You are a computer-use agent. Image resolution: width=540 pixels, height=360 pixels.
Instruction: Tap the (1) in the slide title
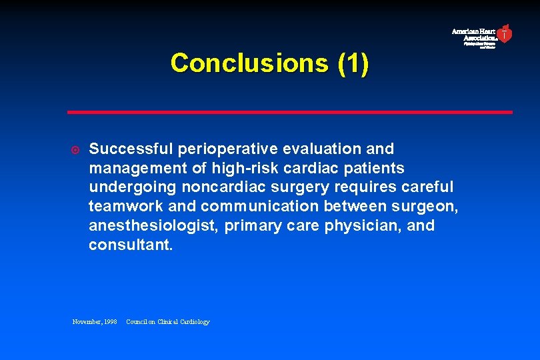[353, 63]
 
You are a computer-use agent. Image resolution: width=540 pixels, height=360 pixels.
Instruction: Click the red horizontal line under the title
[290, 112]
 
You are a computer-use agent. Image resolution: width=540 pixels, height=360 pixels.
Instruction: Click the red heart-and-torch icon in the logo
[505, 33]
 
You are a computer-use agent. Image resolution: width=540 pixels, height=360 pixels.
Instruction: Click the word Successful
[129, 149]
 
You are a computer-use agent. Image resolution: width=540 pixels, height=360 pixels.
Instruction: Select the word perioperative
[219, 149]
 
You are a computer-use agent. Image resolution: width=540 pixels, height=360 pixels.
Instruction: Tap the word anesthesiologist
[153, 226]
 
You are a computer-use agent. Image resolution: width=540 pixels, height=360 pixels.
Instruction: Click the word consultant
[130, 245]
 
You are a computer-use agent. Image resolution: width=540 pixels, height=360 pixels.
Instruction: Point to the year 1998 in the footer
[109, 322]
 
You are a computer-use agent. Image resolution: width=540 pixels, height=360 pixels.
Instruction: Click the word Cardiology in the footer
[194, 322]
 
